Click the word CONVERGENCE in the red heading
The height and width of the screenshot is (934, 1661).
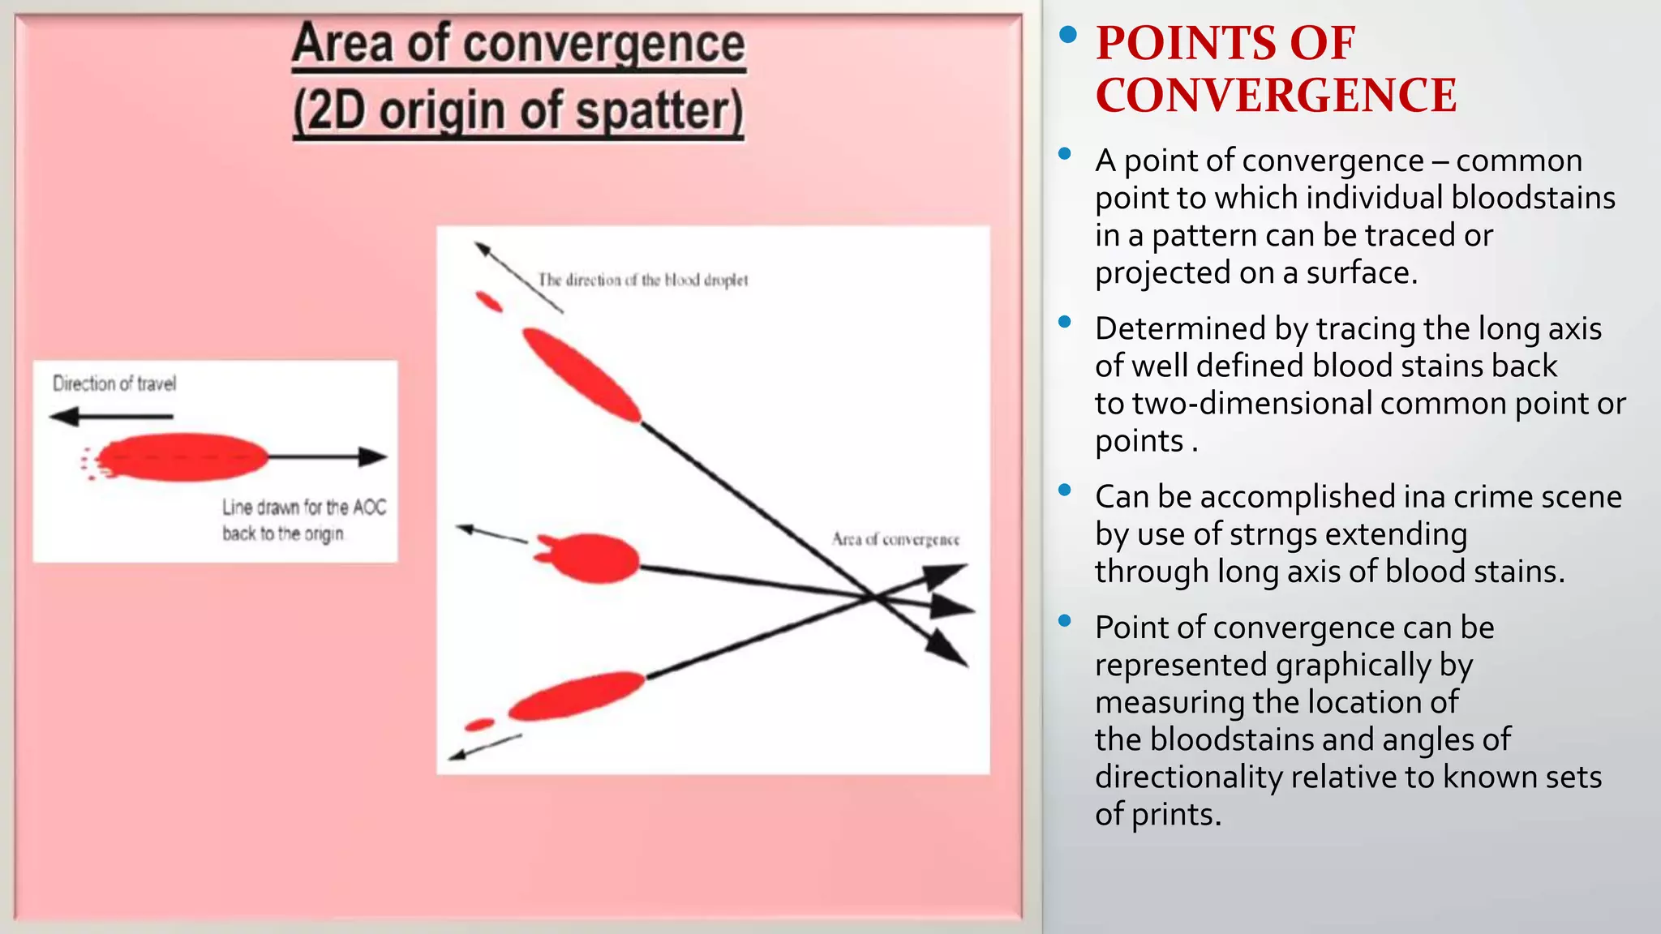coord(1276,96)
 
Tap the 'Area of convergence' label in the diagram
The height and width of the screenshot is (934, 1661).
coord(895,540)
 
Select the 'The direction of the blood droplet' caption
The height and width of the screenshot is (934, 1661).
coord(642,281)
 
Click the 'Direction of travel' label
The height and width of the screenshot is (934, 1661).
coord(114,383)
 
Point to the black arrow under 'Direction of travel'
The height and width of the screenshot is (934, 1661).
coord(111,417)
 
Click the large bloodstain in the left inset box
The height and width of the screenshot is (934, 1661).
coord(183,457)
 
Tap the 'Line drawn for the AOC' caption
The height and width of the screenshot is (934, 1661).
coord(304,508)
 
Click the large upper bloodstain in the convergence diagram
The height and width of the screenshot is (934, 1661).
coord(581,374)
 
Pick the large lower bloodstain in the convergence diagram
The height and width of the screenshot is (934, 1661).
coord(577,696)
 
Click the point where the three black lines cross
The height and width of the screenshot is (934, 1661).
coord(874,598)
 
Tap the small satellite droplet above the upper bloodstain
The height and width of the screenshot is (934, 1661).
coord(489,302)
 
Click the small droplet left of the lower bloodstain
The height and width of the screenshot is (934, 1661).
coord(479,724)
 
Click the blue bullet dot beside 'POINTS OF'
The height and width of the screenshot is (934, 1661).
coord(1068,34)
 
